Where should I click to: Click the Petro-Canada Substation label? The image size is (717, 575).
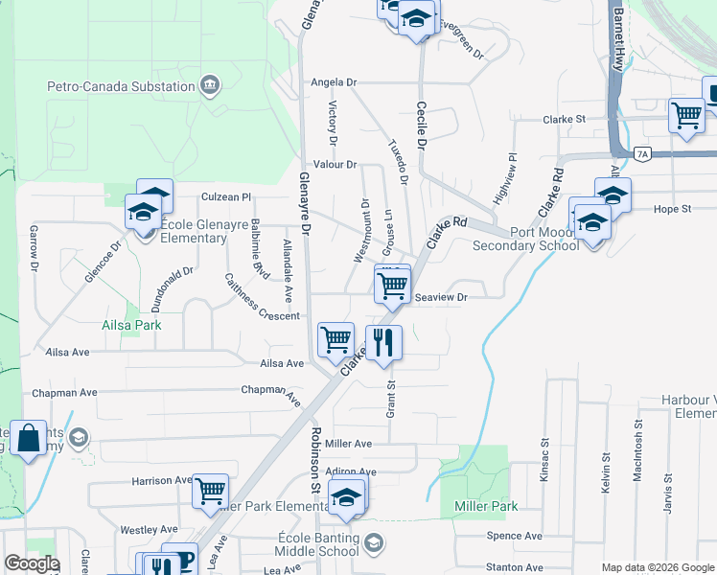122,87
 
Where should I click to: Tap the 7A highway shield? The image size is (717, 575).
642,153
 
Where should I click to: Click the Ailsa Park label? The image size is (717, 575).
131,325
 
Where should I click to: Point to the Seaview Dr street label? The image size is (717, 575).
441,298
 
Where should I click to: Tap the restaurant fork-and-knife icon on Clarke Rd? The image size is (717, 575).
383,342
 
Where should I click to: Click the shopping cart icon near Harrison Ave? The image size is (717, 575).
210,491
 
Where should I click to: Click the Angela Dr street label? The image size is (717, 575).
334,83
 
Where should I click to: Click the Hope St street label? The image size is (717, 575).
672,209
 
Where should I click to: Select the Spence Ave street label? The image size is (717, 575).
514,537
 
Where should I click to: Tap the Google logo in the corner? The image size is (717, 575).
31,563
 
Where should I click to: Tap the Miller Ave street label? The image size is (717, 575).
348,444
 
